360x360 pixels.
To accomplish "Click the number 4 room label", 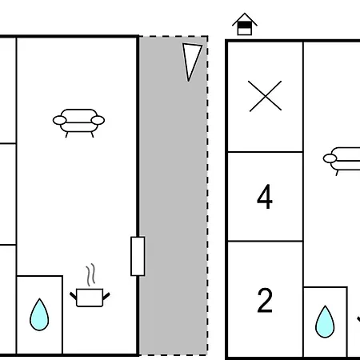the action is click(265, 197).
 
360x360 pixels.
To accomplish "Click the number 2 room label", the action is click(265, 300).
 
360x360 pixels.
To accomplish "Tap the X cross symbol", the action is click(265, 96).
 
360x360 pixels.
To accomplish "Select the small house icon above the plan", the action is click(245, 24).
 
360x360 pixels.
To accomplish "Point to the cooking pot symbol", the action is click(90, 298).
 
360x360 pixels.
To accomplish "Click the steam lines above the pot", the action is click(90, 274).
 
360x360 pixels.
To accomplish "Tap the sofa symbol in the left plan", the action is click(78, 123).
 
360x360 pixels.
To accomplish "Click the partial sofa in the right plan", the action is click(342, 161).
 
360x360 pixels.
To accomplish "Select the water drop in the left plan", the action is click(39, 314).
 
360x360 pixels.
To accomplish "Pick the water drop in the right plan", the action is click(325, 322).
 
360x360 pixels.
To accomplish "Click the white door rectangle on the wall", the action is click(138, 256).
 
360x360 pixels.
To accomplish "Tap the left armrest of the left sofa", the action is click(59, 120).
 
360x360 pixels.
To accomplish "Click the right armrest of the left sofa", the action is click(98, 120).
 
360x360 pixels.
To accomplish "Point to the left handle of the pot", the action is click(73, 295).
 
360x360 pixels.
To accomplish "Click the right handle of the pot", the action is click(106, 296).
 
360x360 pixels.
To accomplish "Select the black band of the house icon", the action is click(245, 25).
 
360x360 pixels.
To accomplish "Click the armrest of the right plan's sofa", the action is click(330, 158).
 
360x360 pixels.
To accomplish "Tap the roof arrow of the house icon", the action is click(245, 19).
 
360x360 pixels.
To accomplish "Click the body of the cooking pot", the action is click(90, 298).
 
